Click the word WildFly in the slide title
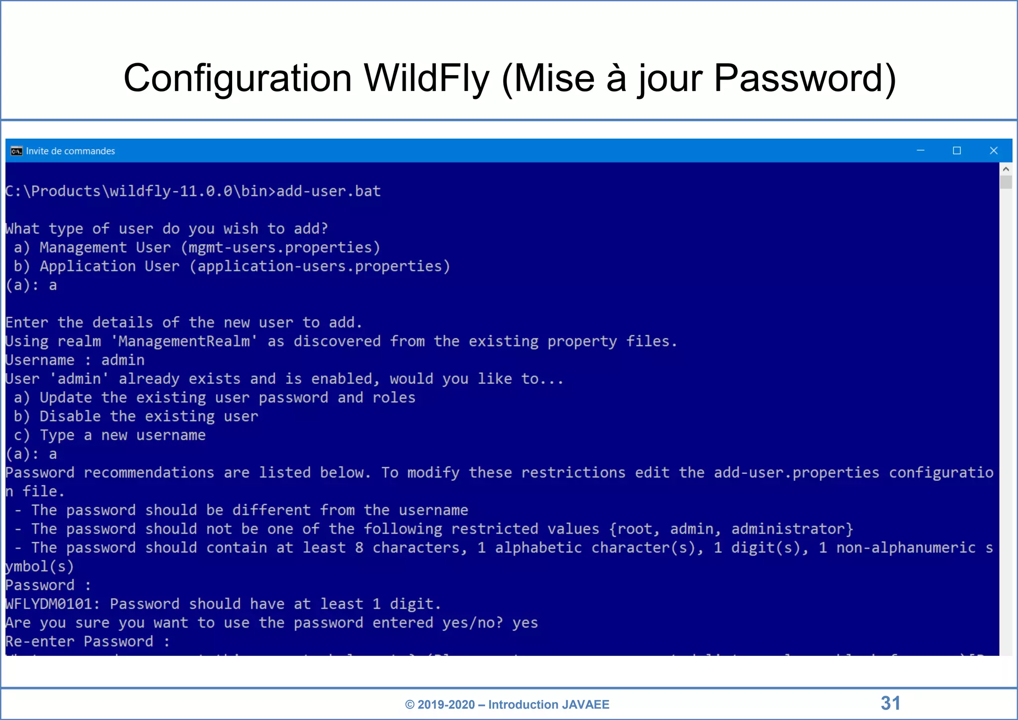coord(426,79)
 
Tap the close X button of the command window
coord(994,151)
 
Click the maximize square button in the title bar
coord(957,151)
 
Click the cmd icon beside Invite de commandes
coord(16,151)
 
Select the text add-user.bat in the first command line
coord(329,191)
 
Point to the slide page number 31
coord(890,703)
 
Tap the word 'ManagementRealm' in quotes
coord(184,342)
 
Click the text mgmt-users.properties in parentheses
coord(280,248)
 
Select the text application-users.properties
coord(320,267)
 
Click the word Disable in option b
coord(70,417)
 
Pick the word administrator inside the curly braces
coord(789,529)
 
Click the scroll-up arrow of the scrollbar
coord(1006,169)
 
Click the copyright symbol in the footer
coord(410,705)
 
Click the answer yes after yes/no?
coord(525,623)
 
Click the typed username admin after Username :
coord(123,360)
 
